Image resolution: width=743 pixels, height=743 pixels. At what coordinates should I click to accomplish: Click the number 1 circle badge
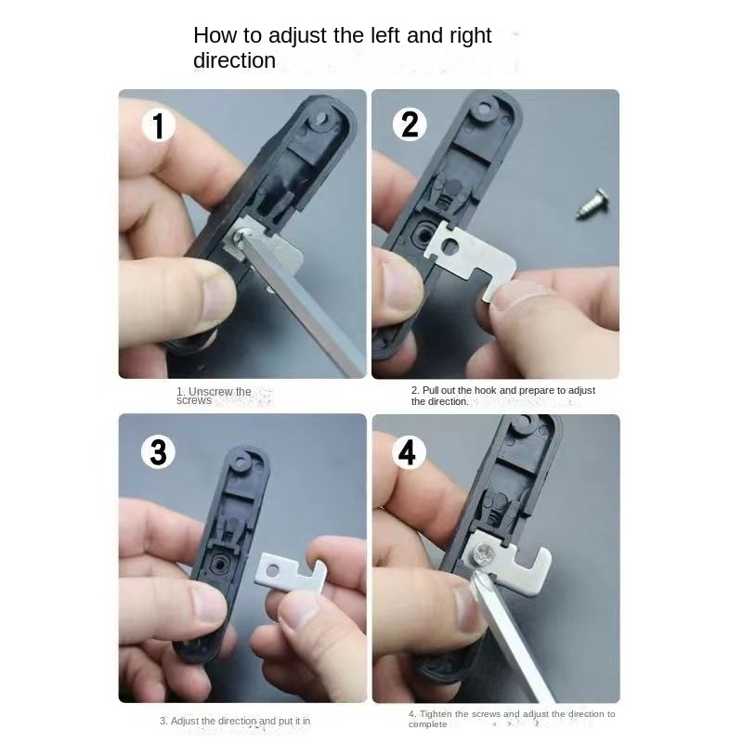(x=158, y=124)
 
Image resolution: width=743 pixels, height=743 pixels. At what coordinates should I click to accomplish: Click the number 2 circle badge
(x=410, y=124)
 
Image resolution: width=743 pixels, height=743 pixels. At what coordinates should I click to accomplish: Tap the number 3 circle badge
(x=158, y=452)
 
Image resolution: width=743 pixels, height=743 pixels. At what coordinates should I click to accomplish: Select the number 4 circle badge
(x=409, y=452)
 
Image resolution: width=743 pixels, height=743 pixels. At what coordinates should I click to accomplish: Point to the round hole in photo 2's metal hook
(x=450, y=245)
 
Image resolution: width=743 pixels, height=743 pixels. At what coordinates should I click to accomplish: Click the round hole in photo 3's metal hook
(x=272, y=570)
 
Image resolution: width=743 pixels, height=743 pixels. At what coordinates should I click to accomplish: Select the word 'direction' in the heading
(x=234, y=60)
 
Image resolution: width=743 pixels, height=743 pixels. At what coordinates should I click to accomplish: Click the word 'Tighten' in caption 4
(x=436, y=713)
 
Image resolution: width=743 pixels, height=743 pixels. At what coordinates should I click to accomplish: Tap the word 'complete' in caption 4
(x=427, y=724)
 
